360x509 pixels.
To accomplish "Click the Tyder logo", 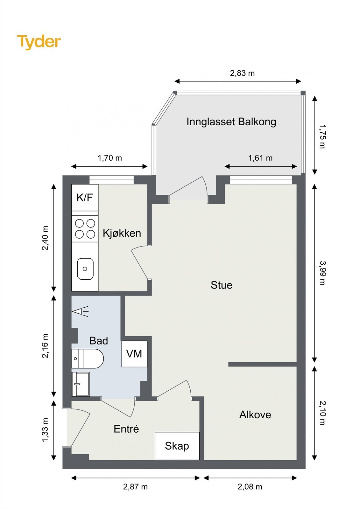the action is click(x=39, y=42).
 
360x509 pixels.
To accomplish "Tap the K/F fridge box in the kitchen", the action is click(x=85, y=198).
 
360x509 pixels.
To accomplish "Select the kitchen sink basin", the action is click(x=85, y=269).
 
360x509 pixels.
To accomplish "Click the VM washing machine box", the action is click(x=134, y=354).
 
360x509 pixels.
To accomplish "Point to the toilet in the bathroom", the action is click(x=88, y=359).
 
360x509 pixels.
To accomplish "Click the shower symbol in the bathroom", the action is click(x=80, y=311).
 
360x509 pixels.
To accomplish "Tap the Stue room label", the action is click(x=222, y=285).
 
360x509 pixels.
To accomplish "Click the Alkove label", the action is click(x=255, y=415).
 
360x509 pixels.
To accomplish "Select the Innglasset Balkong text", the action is click(x=231, y=122).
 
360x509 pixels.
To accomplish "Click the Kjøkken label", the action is click(x=122, y=233).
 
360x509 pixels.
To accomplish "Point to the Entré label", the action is click(x=126, y=429).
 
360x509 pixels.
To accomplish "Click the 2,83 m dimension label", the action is click(x=243, y=73).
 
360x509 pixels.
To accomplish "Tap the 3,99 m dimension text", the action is click(x=323, y=273).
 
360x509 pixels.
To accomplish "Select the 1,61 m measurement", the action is click(x=260, y=158).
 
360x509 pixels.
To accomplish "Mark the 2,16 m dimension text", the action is click(x=45, y=346).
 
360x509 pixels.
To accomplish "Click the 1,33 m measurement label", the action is click(x=45, y=430).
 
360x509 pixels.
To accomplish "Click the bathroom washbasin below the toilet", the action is click(x=81, y=384).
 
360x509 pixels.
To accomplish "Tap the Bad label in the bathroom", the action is click(x=98, y=341).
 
